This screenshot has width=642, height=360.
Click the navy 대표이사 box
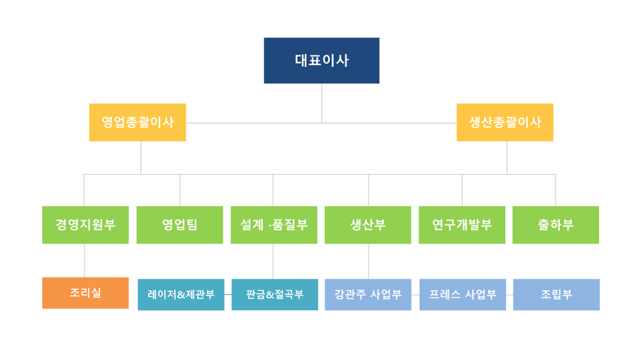click(x=322, y=60)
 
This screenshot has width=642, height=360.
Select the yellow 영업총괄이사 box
click(x=137, y=122)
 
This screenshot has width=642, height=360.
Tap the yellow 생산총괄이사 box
click(x=505, y=122)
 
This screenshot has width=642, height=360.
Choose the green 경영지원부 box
click(x=86, y=225)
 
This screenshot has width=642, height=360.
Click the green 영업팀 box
click(x=180, y=225)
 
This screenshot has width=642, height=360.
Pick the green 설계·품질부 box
click(x=274, y=225)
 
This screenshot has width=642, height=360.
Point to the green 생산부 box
click(x=368, y=225)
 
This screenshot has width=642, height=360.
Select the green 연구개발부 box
click(x=462, y=225)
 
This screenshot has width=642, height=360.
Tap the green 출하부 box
click(x=556, y=225)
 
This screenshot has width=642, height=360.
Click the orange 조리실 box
click(x=86, y=293)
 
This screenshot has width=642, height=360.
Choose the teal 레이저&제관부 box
click(x=181, y=295)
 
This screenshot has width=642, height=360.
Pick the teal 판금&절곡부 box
click(x=275, y=295)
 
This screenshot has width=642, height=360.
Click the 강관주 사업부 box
click(x=368, y=295)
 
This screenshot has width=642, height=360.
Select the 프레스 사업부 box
click(x=463, y=295)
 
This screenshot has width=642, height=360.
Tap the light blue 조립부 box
click(x=556, y=295)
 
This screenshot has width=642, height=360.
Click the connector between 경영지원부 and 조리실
click(x=85, y=261)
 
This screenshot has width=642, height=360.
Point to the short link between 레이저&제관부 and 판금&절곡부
click(x=228, y=294)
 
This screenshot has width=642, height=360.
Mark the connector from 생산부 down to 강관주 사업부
click(x=369, y=262)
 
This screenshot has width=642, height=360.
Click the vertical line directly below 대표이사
click(x=322, y=103)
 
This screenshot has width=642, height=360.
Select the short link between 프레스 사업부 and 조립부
click(x=509, y=295)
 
